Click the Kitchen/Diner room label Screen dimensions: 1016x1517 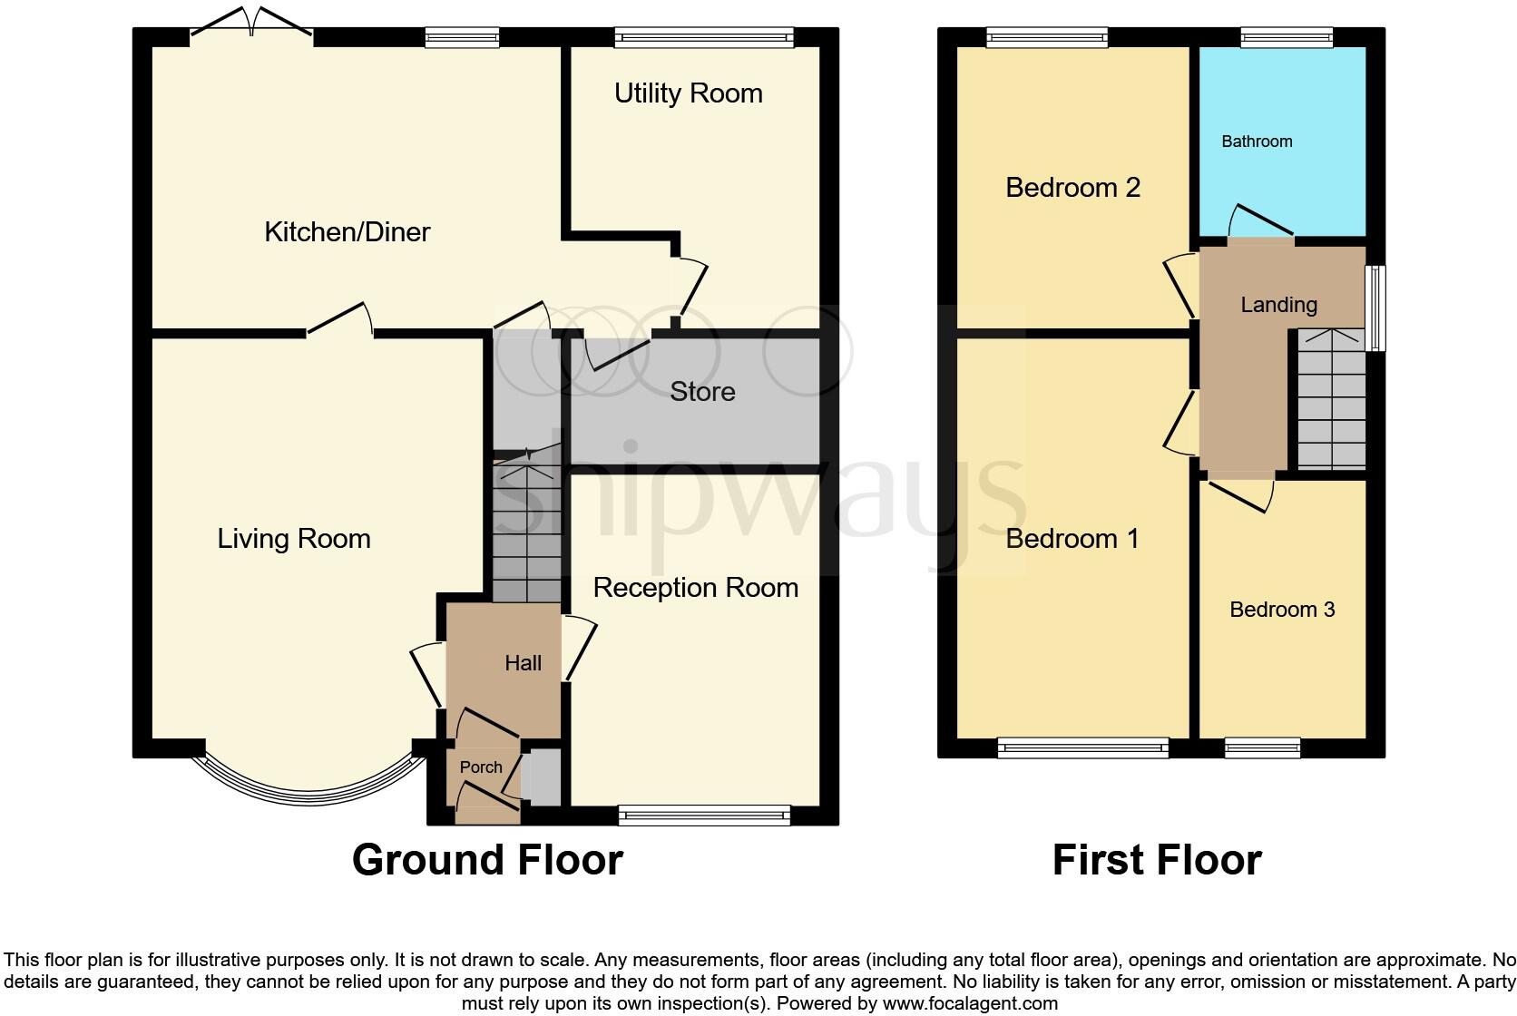click(x=347, y=232)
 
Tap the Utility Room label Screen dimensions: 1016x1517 click(x=688, y=93)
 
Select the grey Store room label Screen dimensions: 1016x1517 click(x=702, y=392)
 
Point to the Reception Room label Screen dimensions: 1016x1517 click(x=695, y=588)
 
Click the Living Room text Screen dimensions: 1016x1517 click(x=294, y=539)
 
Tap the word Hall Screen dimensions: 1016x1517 click(x=523, y=663)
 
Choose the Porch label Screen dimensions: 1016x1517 click(x=481, y=767)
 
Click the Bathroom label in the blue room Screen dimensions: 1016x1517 click(x=1257, y=142)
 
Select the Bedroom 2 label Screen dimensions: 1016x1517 click(x=1072, y=188)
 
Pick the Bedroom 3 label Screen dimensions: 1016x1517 click(x=1281, y=610)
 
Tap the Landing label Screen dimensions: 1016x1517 click(x=1278, y=305)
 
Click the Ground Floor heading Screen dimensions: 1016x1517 click(x=487, y=860)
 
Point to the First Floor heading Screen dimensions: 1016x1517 click(x=1157, y=860)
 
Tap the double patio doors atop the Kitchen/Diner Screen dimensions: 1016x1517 click(x=251, y=23)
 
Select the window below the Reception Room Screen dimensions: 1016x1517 click(x=704, y=816)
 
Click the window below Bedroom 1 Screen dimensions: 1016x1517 click(x=1082, y=747)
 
